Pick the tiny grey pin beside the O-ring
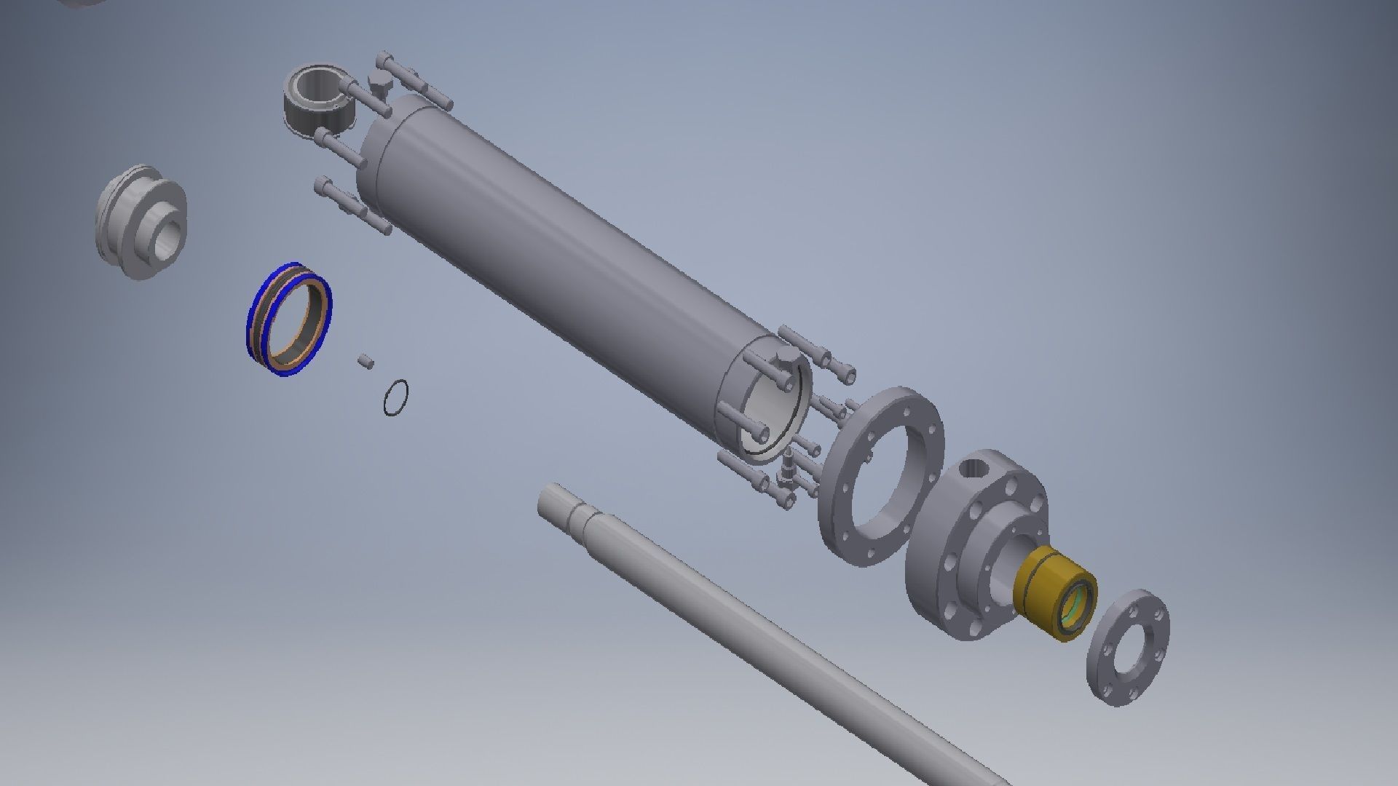[x=366, y=360]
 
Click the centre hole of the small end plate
[x=1130, y=648]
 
